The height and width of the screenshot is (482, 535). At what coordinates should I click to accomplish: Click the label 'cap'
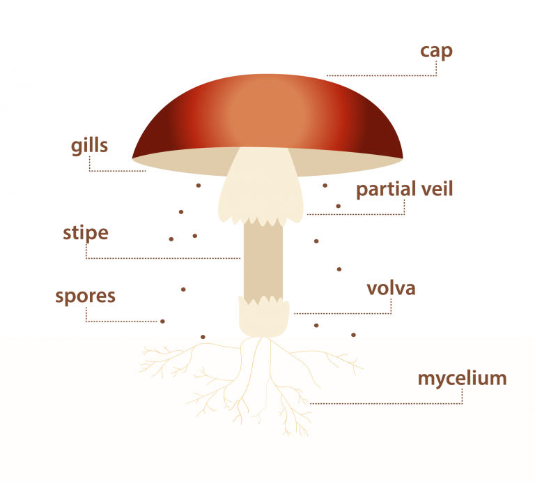click(436, 52)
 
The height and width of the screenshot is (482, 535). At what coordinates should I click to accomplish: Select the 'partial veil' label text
click(404, 190)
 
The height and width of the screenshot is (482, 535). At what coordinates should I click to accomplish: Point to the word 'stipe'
click(86, 232)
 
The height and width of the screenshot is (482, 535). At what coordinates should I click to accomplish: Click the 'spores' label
click(86, 296)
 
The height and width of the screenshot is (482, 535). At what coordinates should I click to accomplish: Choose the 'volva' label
click(391, 288)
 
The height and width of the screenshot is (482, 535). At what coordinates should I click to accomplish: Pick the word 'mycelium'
click(462, 379)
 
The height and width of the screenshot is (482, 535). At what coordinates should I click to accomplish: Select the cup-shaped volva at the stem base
click(263, 317)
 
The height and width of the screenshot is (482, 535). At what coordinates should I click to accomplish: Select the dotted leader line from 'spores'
click(122, 321)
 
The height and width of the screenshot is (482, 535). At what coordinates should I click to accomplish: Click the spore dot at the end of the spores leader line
click(163, 321)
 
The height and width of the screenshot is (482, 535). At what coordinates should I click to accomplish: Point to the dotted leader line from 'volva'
click(341, 313)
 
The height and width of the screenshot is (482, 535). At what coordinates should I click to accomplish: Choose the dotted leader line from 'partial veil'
click(355, 214)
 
